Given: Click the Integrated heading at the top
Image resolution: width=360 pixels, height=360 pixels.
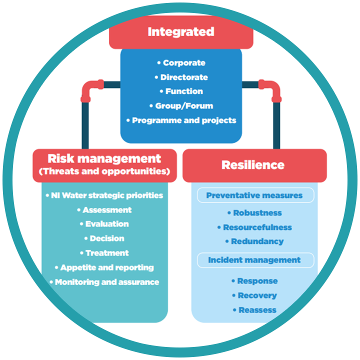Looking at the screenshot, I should point(180,32).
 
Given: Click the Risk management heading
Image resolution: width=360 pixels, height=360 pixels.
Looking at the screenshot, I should point(104,159).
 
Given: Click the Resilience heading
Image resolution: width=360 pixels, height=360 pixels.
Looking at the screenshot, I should point(253,165).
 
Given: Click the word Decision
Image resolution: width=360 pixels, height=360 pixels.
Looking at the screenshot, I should point(106,238).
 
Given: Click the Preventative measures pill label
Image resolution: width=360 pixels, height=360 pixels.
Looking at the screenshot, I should point(254,195).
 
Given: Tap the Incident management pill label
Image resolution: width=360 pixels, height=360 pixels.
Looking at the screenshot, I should point(254,260).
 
